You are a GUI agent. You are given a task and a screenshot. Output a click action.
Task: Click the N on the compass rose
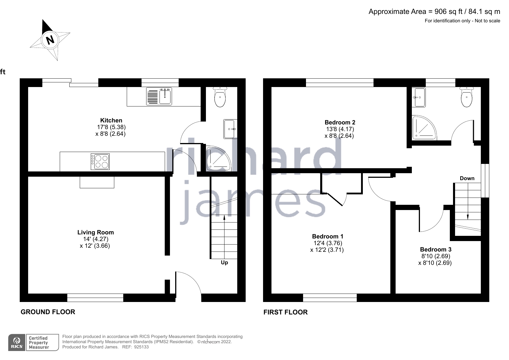pos(50,39)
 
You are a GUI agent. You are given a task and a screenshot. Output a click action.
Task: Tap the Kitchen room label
pos(111,120)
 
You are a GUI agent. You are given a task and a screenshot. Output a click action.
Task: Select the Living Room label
pos(95,232)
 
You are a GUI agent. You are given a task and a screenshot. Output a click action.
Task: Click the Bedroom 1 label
pos(327,236)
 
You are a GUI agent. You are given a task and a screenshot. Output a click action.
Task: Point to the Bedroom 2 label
pos(340,122)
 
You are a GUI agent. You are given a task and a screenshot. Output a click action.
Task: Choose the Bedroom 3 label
pos(435,249)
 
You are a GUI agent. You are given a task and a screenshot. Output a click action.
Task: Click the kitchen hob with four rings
pos(100,162)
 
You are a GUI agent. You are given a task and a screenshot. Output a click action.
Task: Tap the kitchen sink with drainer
pos(159,96)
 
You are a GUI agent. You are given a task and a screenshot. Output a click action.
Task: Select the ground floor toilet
pos(220,97)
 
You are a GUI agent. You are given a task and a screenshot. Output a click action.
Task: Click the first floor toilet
pos(467,97)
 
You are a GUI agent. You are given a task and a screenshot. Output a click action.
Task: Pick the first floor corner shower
pos(423,127)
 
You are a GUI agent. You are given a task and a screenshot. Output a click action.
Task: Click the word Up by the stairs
pos(224,263)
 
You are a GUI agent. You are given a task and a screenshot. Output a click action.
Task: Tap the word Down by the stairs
pos(467,178)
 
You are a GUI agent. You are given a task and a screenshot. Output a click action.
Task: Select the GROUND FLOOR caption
pos(48,312)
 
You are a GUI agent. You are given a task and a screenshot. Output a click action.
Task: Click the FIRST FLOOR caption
pos(285,312)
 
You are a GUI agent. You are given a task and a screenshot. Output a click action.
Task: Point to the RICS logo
pos(17,343)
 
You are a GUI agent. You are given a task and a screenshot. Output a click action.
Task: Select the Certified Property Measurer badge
pos(42,343)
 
